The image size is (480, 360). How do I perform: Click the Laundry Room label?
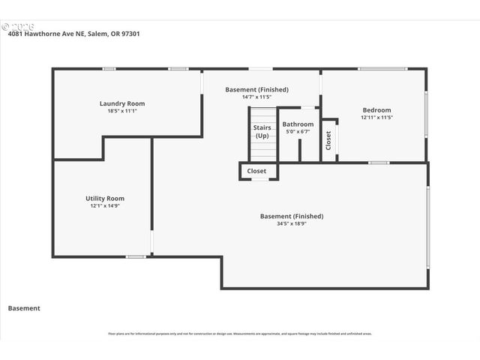point(122,103)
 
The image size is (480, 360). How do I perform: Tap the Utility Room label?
point(105,198)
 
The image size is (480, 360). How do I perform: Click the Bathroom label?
point(298,124)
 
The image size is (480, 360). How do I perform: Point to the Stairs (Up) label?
point(262,131)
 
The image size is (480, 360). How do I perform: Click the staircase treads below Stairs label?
point(262,150)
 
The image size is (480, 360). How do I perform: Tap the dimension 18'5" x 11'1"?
point(122,111)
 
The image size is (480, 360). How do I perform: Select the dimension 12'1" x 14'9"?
point(105,205)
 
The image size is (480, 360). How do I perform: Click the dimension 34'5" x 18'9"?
point(292,223)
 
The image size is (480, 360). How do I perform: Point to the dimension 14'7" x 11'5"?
point(256,97)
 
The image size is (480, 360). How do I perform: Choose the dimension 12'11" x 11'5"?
point(377,117)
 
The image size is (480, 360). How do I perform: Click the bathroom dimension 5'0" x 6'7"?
point(298,131)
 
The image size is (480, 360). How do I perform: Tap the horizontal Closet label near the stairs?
point(256,171)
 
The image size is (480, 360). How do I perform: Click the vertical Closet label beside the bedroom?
point(328,140)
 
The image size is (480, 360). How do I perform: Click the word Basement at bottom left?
point(24,308)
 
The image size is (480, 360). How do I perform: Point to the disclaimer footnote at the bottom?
point(240,334)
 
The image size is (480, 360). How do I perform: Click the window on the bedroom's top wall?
point(382,69)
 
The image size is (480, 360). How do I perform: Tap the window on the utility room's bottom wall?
point(135,257)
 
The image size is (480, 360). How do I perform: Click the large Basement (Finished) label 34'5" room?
point(292,216)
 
